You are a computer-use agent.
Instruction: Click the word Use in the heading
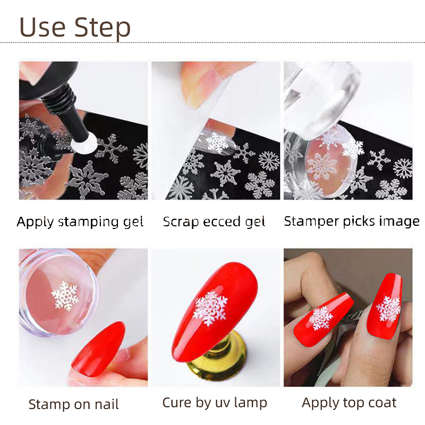point(42,27)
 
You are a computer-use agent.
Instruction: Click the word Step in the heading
point(103,29)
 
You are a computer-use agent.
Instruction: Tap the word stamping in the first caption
point(89,222)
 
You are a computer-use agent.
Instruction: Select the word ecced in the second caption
point(222,222)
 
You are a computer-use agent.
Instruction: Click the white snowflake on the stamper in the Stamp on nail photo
point(65,295)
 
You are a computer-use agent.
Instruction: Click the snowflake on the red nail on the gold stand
point(210,309)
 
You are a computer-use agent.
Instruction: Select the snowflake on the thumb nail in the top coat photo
point(321,318)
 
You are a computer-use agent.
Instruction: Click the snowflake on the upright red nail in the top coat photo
point(388,309)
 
